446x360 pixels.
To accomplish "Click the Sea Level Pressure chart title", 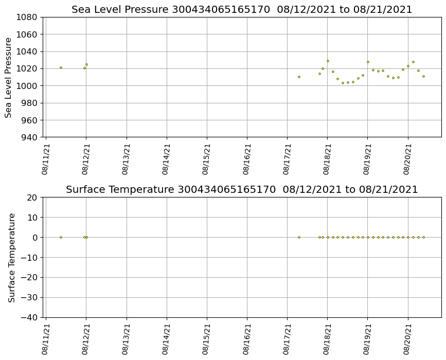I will point(242,10).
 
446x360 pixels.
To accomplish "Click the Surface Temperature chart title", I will point(242,190).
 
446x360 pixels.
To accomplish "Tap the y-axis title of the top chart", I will point(9,77).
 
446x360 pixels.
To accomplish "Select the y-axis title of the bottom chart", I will point(12,257).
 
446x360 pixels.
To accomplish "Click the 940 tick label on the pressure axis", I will point(29,137).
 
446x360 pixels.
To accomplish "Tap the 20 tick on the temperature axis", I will point(32,197).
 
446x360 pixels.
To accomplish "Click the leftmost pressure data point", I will point(61,67).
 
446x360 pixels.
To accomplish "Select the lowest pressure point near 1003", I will point(343,83).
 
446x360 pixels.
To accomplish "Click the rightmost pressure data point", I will point(423,76).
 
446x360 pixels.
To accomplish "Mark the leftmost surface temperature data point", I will point(61,237).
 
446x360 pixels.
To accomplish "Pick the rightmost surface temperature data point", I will point(423,237).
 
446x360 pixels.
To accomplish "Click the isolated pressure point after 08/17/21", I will point(299,77).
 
